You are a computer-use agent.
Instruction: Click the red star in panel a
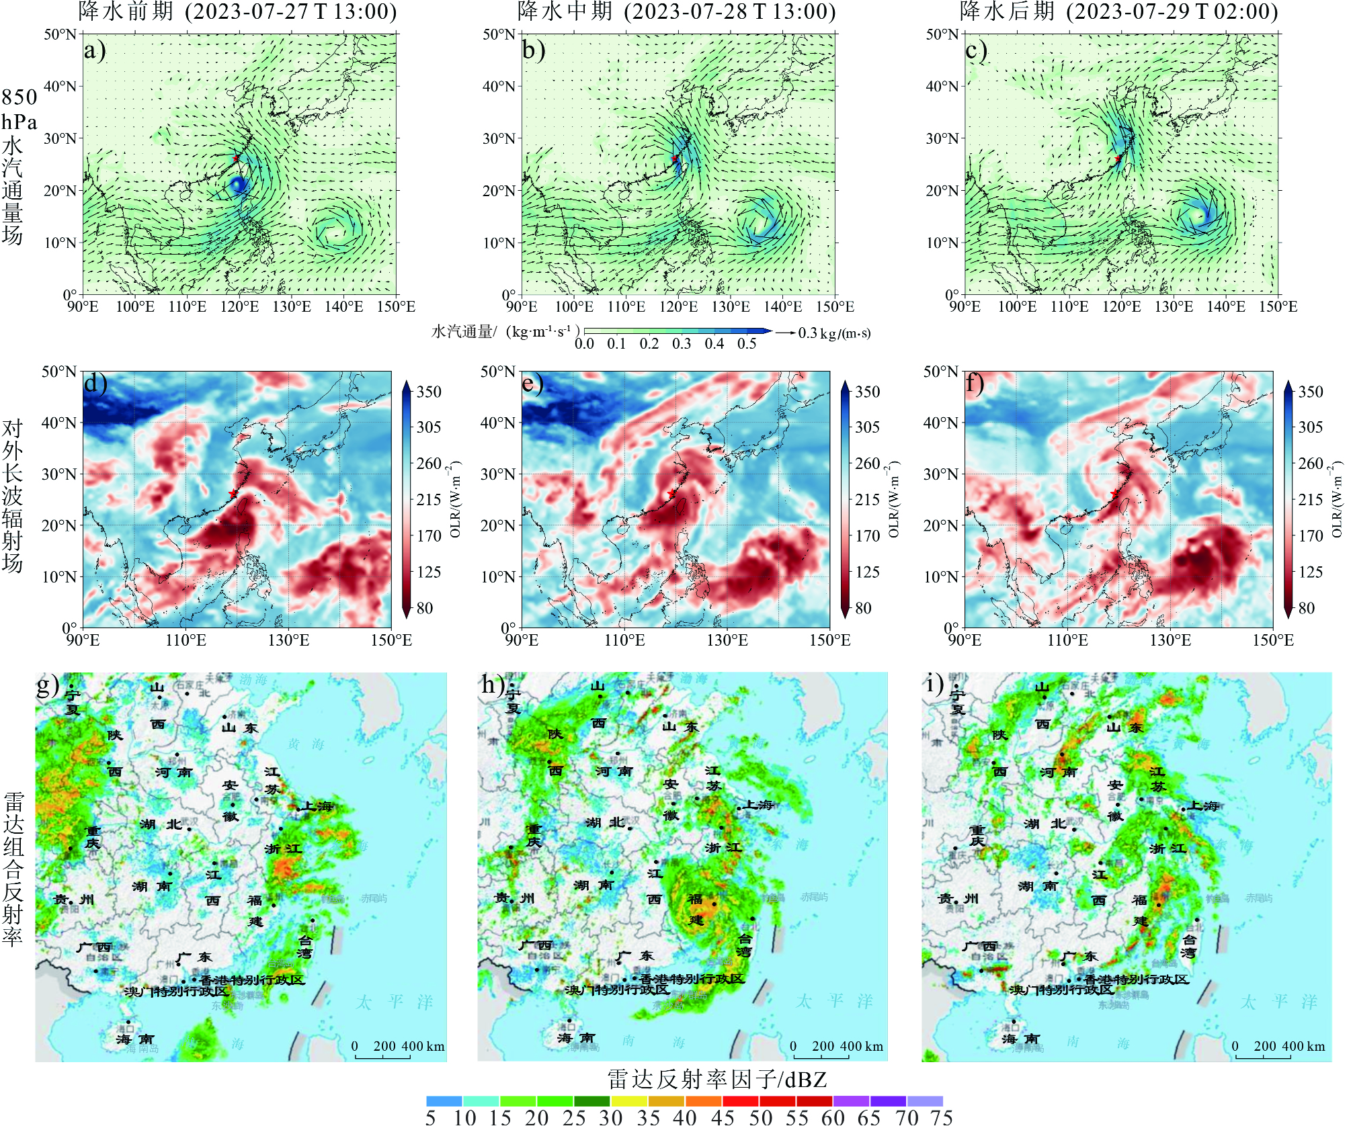(x=235, y=159)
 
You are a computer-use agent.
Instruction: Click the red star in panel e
(x=672, y=494)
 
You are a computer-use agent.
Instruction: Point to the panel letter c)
(x=976, y=51)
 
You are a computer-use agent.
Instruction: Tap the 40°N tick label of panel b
(x=498, y=86)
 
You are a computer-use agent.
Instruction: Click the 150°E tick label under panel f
(x=1272, y=640)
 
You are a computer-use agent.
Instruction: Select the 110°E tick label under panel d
(x=186, y=640)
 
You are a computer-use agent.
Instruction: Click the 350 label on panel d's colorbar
(x=429, y=392)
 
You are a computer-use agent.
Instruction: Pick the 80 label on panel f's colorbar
(x=1306, y=608)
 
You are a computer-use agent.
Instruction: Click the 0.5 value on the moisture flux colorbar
(x=747, y=344)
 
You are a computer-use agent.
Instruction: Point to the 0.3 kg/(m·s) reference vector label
(x=834, y=333)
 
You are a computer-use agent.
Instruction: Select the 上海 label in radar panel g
(x=317, y=806)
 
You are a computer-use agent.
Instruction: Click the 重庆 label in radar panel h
(x=534, y=836)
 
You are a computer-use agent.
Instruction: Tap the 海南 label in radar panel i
(x=1022, y=1039)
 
